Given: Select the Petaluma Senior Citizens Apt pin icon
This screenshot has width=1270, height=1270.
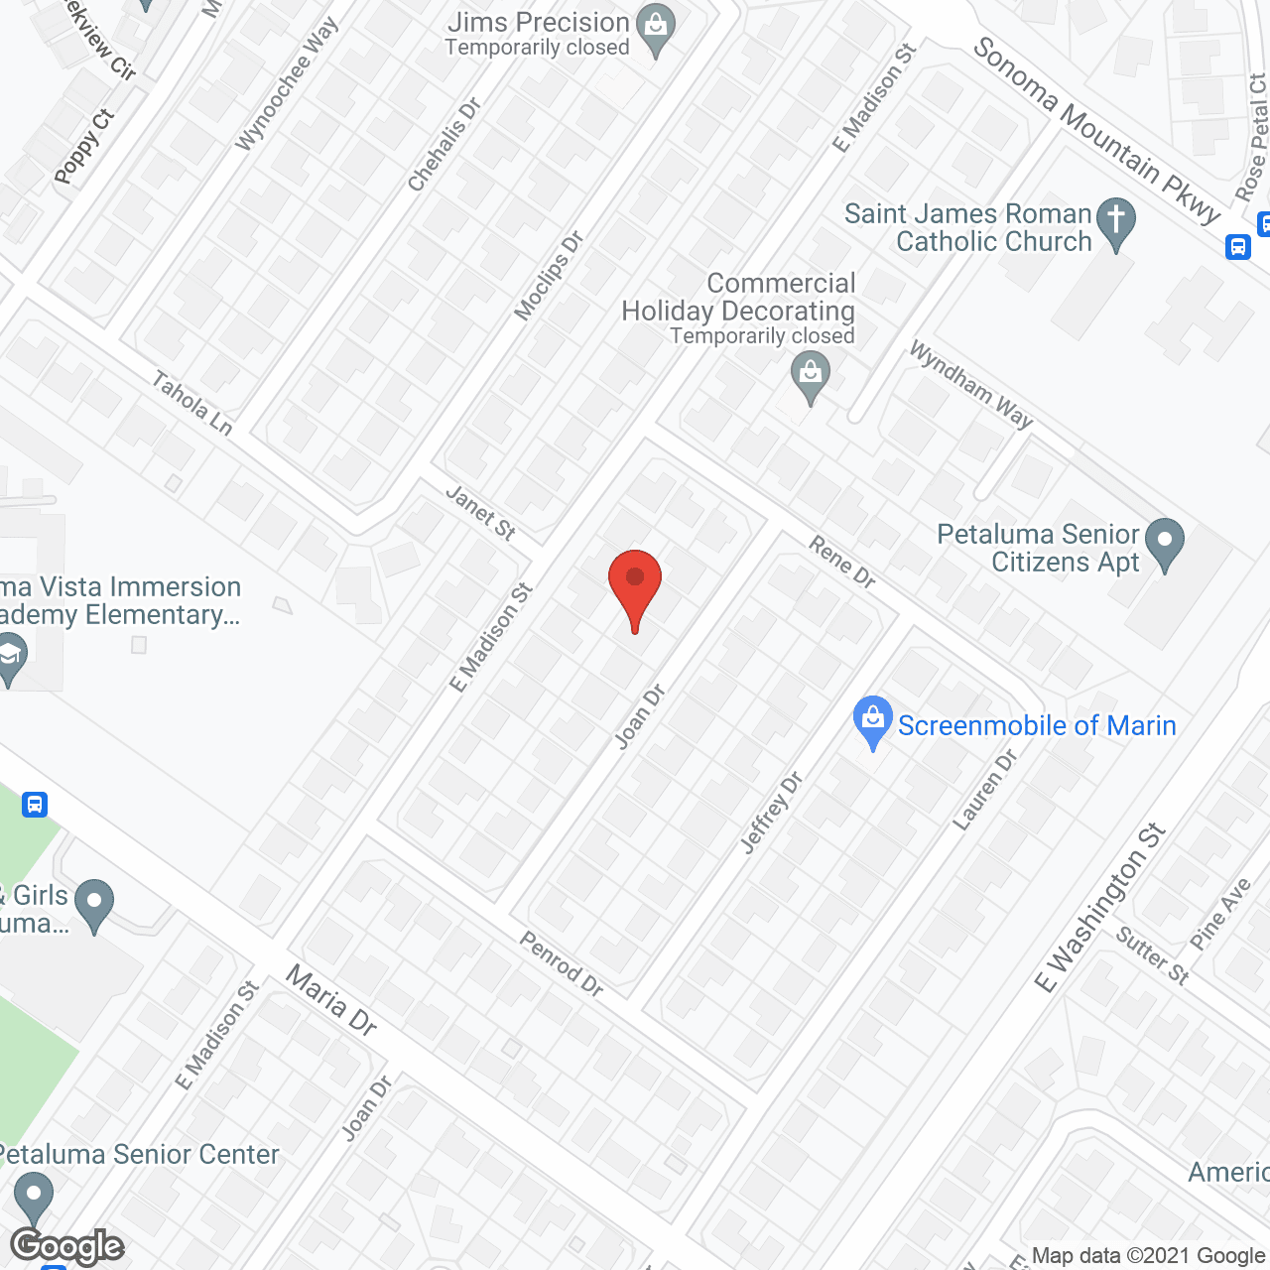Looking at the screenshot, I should pyautogui.click(x=1165, y=544).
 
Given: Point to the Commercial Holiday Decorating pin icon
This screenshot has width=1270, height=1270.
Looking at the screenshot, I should pyautogui.click(x=811, y=377).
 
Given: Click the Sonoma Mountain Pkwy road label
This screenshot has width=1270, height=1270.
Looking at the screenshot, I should pyautogui.click(x=1095, y=130).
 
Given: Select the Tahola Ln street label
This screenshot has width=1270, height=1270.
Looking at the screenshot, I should pyautogui.click(x=192, y=402).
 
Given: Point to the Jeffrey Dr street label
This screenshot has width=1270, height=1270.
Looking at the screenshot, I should pyautogui.click(x=772, y=812).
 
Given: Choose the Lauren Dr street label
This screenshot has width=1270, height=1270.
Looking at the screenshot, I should pyautogui.click(x=985, y=789).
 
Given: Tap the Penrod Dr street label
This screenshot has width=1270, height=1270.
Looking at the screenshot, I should pyautogui.click(x=562, y=963).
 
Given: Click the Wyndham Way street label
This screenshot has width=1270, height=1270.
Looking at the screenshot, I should pyautogui.click(x=971, y=385).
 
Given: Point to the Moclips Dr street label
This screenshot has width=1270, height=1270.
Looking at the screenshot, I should pyautogui.click(x=549, y=276).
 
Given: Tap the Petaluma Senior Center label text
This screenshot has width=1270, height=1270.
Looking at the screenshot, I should pyautogui.click(x=139, y=1154).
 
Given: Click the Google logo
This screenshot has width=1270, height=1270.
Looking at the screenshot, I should pyautogui.click(x=67, y=1246).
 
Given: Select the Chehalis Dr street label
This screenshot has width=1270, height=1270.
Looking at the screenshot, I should pyautogui.click(x=444, y=145).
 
